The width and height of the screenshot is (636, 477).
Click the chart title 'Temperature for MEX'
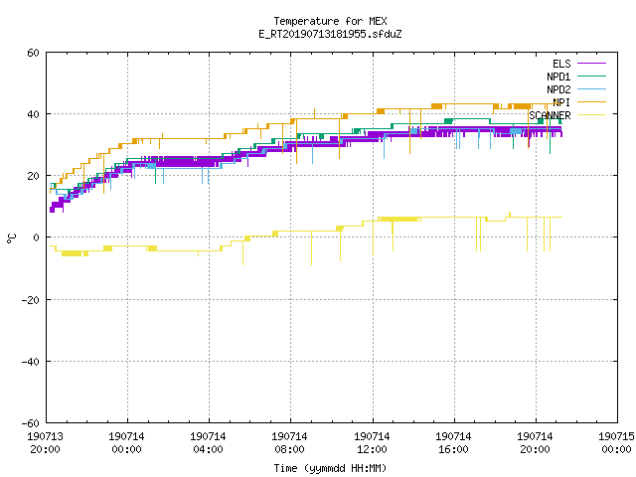(330, 21)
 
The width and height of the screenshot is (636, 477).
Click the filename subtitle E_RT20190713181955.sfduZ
(330, 34)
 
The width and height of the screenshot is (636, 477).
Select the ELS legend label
(561, 64)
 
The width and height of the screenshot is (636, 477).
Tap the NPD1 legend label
(558, 77)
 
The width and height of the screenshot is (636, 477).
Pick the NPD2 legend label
(558, 89)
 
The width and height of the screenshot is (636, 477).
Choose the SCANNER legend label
(550, 115)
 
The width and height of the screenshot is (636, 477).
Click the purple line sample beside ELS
(591, 64)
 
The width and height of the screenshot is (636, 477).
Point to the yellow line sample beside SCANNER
(591, 115)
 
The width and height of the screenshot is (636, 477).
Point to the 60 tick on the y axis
(33, 53)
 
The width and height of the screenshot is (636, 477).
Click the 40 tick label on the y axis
(33, 114)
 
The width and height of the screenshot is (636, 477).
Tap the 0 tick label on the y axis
(37, 238)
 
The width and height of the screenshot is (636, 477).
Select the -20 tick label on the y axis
(31, 300)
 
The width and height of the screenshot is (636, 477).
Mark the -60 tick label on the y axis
(31, 423)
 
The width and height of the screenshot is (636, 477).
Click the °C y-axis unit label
(11, 238)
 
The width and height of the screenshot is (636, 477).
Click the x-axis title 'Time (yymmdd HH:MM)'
(330, 468)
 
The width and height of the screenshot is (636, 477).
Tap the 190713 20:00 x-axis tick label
(45, 443)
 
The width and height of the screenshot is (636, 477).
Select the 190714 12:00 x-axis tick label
(372, 443)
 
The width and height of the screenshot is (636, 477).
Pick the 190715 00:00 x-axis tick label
(616, 443)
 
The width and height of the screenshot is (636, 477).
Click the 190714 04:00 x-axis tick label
(208, 443)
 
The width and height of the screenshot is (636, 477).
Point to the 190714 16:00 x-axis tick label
(453, 443)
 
